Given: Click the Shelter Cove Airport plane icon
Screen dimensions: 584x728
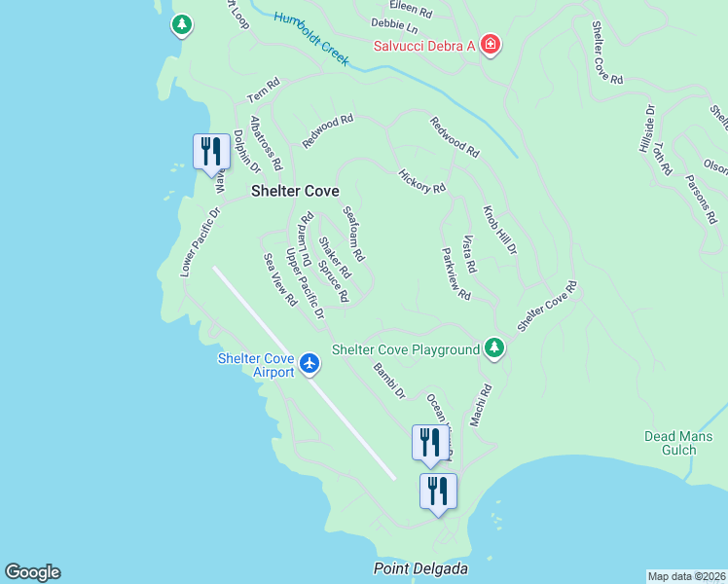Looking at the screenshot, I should (x=309, y=363).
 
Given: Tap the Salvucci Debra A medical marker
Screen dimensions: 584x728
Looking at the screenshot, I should (x=491, y=46).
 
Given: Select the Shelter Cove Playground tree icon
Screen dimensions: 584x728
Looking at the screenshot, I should (x=494, y=347).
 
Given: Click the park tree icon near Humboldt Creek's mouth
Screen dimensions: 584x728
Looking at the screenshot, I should (x=182, y=24).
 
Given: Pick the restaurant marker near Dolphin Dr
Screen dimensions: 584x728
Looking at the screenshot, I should (x=211, y=153).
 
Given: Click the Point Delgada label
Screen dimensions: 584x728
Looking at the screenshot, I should (x=421, y=568).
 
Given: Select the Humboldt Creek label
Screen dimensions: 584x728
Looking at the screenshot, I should (x=311, y=38).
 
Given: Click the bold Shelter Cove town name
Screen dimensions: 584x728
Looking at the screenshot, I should (x=295, y=192).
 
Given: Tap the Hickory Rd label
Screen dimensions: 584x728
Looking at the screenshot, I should (x=422, y=181).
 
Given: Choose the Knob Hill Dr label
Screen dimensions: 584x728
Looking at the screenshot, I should (x=499, y=232).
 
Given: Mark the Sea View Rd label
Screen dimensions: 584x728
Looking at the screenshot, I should (x=280, y=280).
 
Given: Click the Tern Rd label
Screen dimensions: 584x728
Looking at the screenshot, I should (x=263, y=91).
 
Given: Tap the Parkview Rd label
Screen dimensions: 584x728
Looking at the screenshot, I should (x=455, y=273).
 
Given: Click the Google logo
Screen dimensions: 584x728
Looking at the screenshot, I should (x=32, y=572).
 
